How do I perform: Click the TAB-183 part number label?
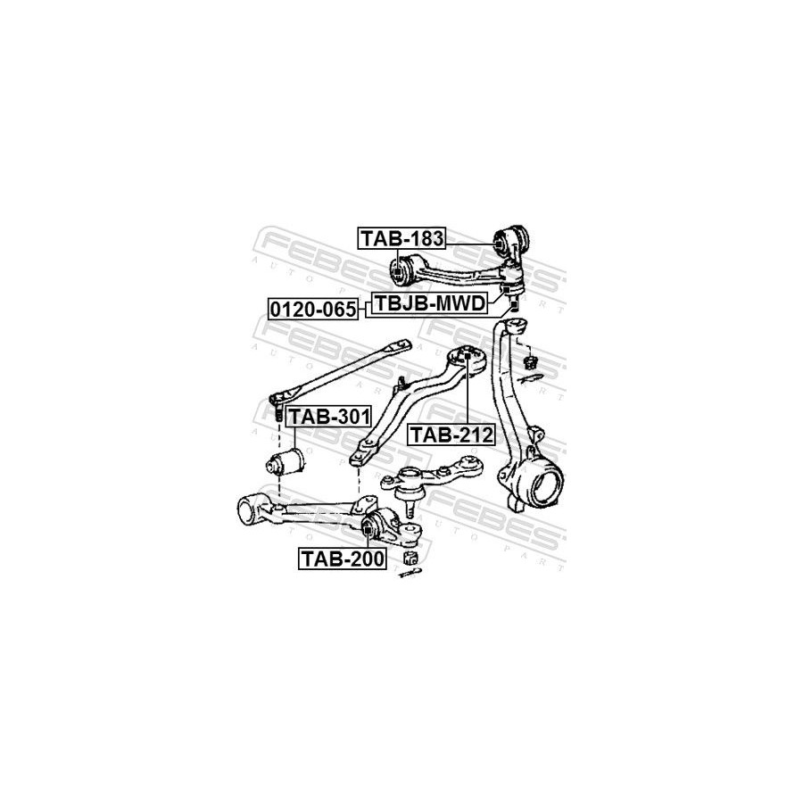pos(401,238)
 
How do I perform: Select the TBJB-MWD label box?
pos(429,304)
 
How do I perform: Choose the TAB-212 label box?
pos(451,435)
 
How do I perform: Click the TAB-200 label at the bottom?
pos(342,559)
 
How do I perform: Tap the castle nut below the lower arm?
pos(410,559)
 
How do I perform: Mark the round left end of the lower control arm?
pos(247,509)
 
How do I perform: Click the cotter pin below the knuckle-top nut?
pos(533,376)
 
